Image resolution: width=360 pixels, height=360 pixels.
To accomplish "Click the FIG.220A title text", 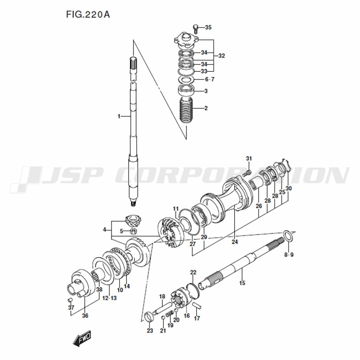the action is (88, 14).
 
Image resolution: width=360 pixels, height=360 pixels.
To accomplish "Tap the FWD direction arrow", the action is (82, 338).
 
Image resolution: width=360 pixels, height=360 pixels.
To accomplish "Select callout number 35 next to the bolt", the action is (208, 28).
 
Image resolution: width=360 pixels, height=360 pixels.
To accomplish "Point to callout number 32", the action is (221, 56).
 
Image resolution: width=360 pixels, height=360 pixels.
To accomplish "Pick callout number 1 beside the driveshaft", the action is (119, 116).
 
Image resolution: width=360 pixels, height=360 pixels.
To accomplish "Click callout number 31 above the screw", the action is (249, 158).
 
